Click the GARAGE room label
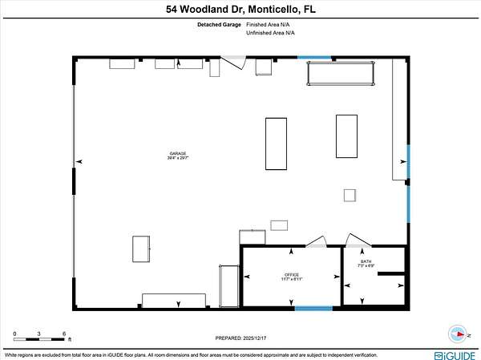pyautogui.click(x=177, y=152)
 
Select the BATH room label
pyautogui.click(x=366, y=261)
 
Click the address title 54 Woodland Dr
pyautogui.click(x=240, y=10)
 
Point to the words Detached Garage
pyautogui.click(x=219, y=25)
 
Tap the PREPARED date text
pyautogui.click(x=240, y=338)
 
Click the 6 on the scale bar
pyautogui.click(x=63, y=333)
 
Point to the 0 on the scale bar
pyautogui.click(x=14, y=333)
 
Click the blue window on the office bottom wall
pyautogui.click(x=313, y=308)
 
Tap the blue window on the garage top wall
pyautogui.click(x=315, y=57)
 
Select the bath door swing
pyautogui.click(x=353, y=240)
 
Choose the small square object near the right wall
pyautogui.click(x=350, y=195)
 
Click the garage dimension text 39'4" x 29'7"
pyautogui.click(x=177, y=158)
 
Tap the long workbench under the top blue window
pyautogui.click(x=341, y=74)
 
